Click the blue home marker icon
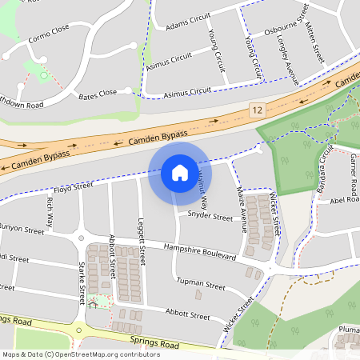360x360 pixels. [179, 172]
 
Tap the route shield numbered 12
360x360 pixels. [256, 109]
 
